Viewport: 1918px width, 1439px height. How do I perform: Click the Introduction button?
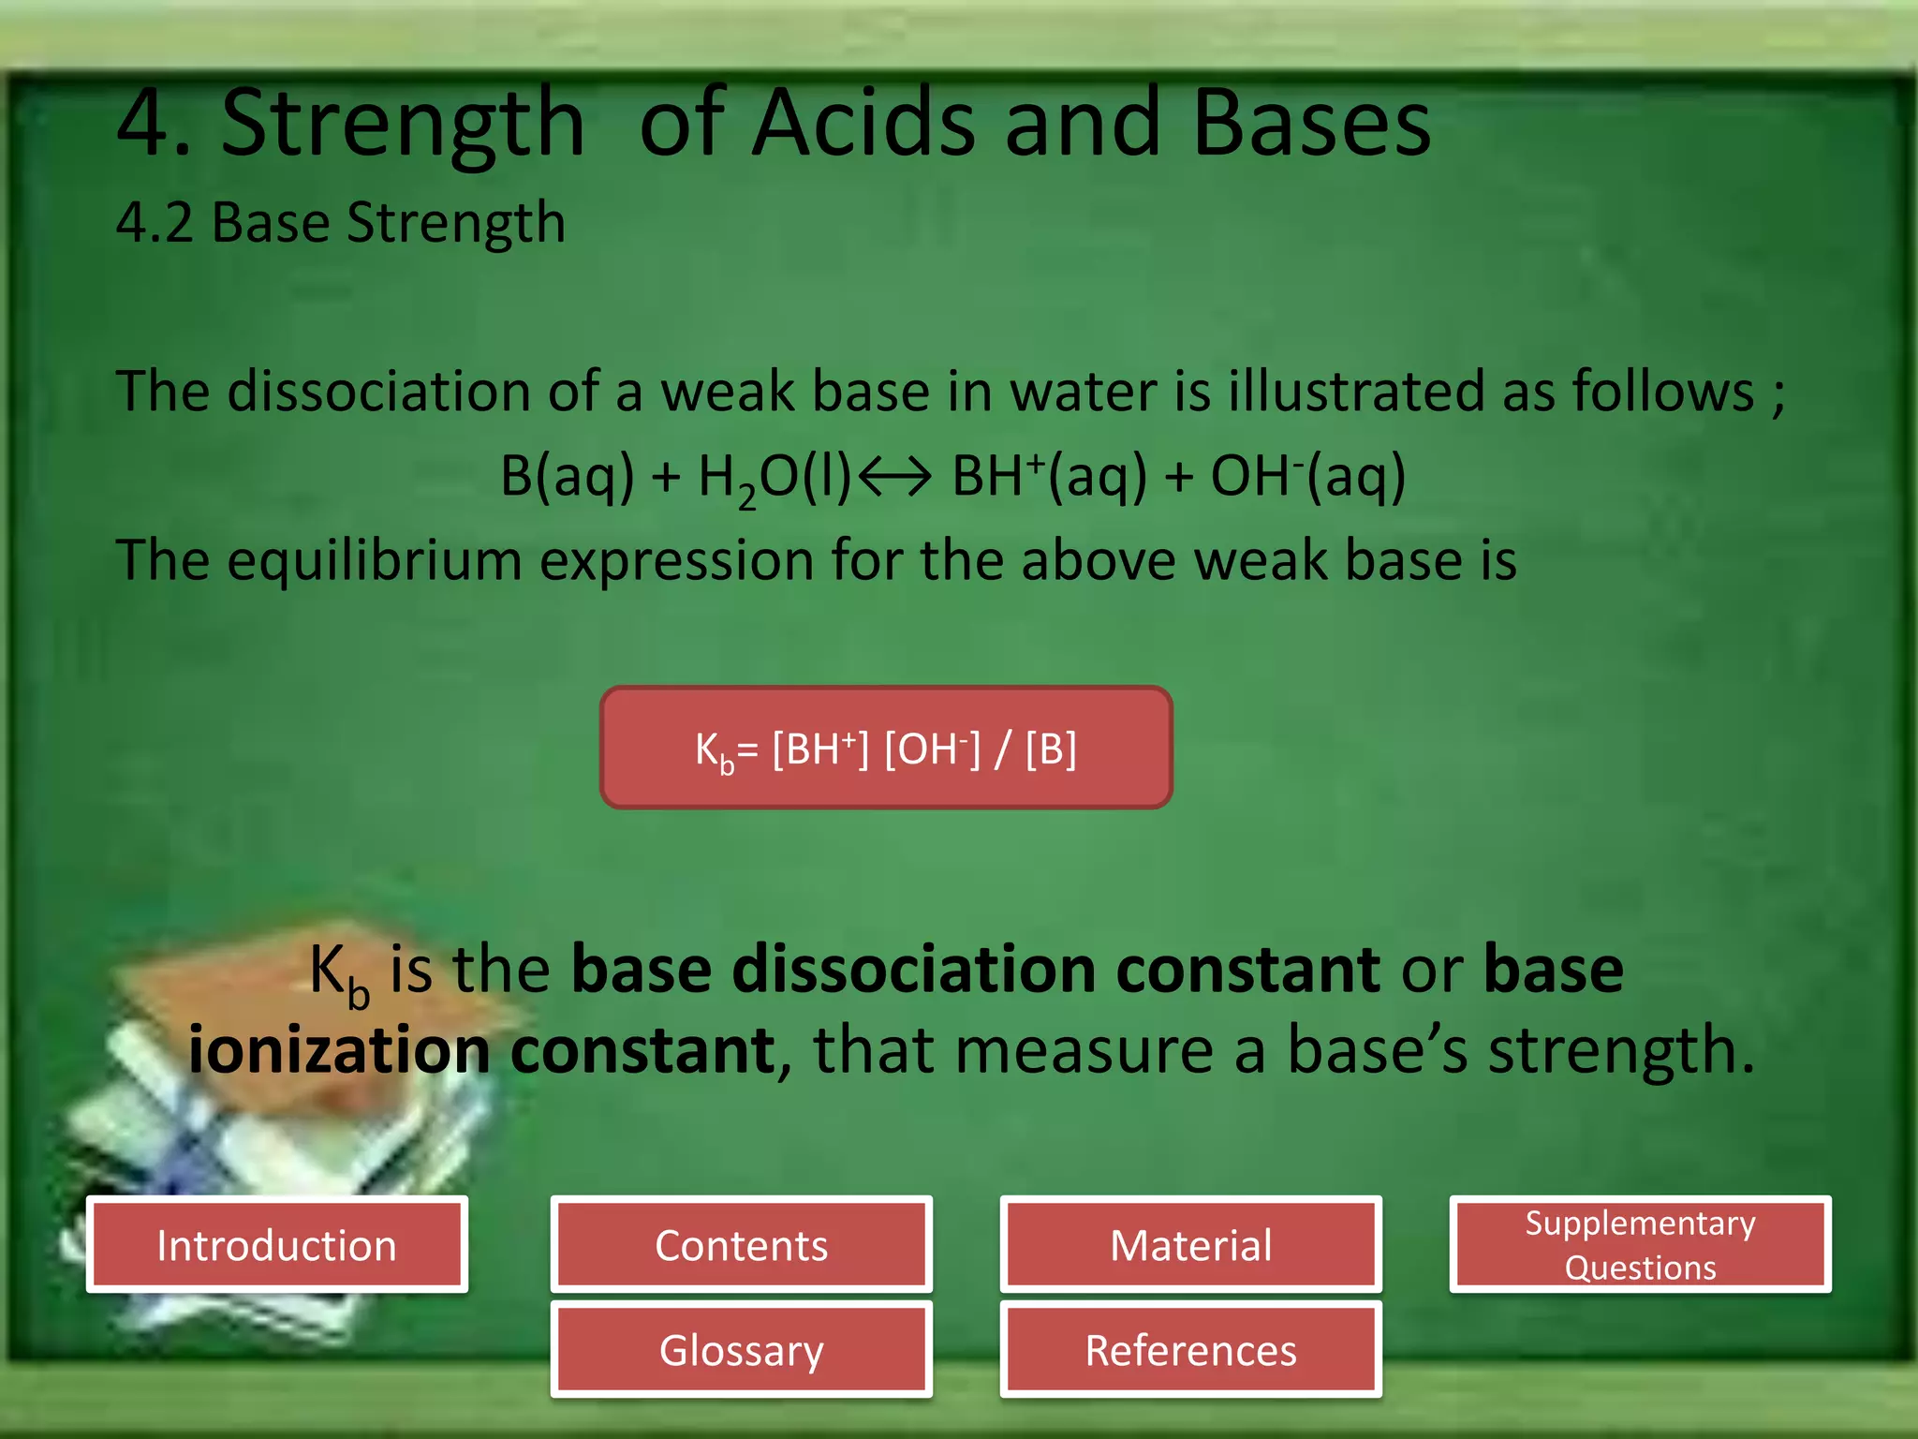276,1245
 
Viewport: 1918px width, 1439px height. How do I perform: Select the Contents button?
741,1245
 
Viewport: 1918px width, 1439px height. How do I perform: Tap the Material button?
1190,1245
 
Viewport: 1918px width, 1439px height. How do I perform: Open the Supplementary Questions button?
1640,1245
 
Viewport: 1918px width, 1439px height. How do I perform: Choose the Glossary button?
741,1350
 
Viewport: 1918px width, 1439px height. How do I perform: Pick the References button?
1190,1350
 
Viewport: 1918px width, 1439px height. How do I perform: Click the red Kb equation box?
886,748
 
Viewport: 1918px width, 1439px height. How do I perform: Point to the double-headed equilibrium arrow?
894,476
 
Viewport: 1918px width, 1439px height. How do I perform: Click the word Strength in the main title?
403,124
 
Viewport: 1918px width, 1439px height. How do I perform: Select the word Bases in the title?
1311,124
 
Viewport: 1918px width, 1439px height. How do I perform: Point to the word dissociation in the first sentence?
378,391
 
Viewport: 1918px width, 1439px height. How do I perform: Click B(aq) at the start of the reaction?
567,476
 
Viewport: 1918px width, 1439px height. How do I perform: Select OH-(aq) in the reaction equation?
1307,476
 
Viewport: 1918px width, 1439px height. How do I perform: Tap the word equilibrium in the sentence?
374,560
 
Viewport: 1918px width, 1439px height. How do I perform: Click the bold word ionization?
338,1050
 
